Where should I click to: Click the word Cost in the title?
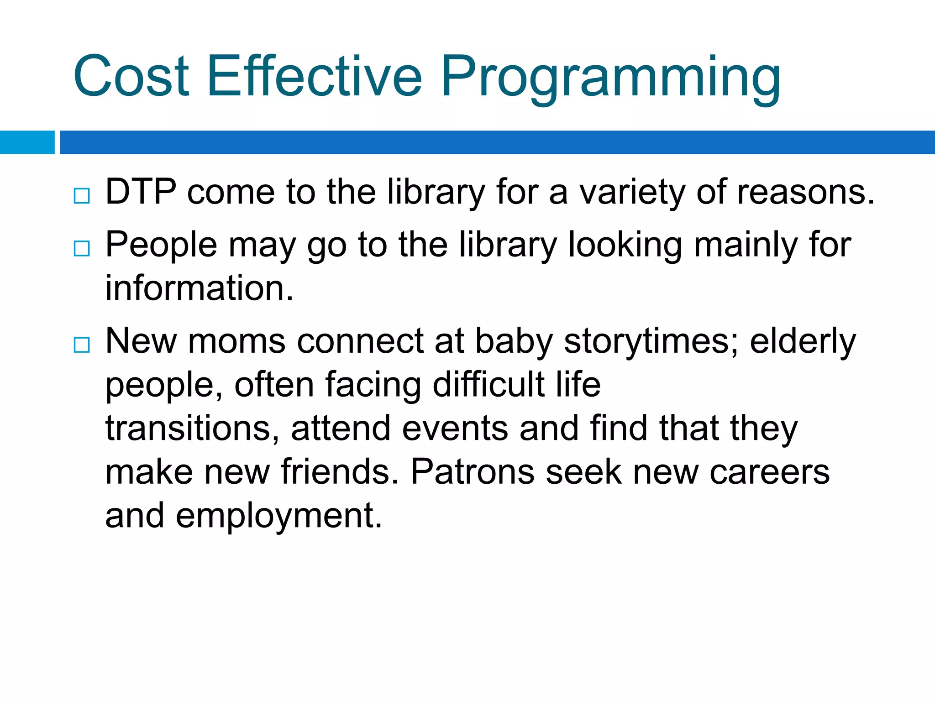(131, 76)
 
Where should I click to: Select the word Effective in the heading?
(315, 76)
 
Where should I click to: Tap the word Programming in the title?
(610, 78)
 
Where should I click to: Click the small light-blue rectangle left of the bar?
(27, 142)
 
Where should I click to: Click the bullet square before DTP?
(82, 196)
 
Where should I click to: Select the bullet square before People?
(82, 249)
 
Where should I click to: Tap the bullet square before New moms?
(82, 345)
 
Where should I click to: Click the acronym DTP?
(141, 192)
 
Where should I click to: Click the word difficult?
(489, 385)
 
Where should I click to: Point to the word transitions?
(189, 429)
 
